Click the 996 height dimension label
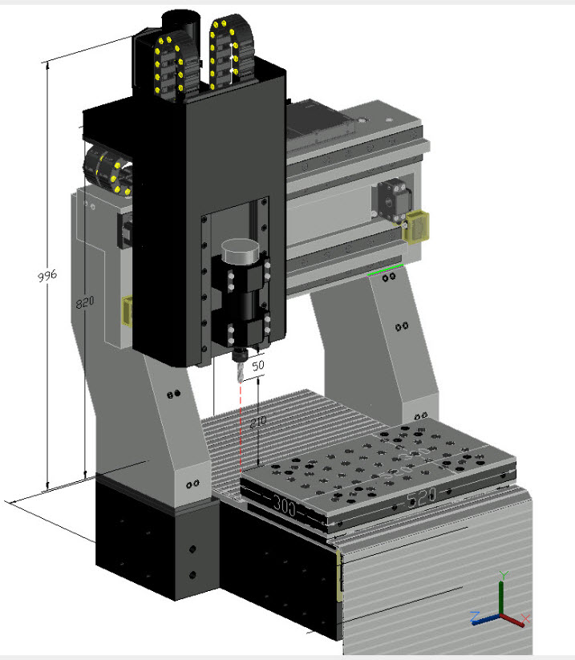(x=47, y=276)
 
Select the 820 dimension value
(x=85, y=302)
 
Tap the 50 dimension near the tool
(x=258, y=366)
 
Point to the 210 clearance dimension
(x=258, y=422)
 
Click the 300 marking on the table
(x=285, y=506)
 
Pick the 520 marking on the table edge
(x=421, y=497)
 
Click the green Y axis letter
(x=504, y=576)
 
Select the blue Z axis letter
(x=476, y=617)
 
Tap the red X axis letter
(x=525, y=618)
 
